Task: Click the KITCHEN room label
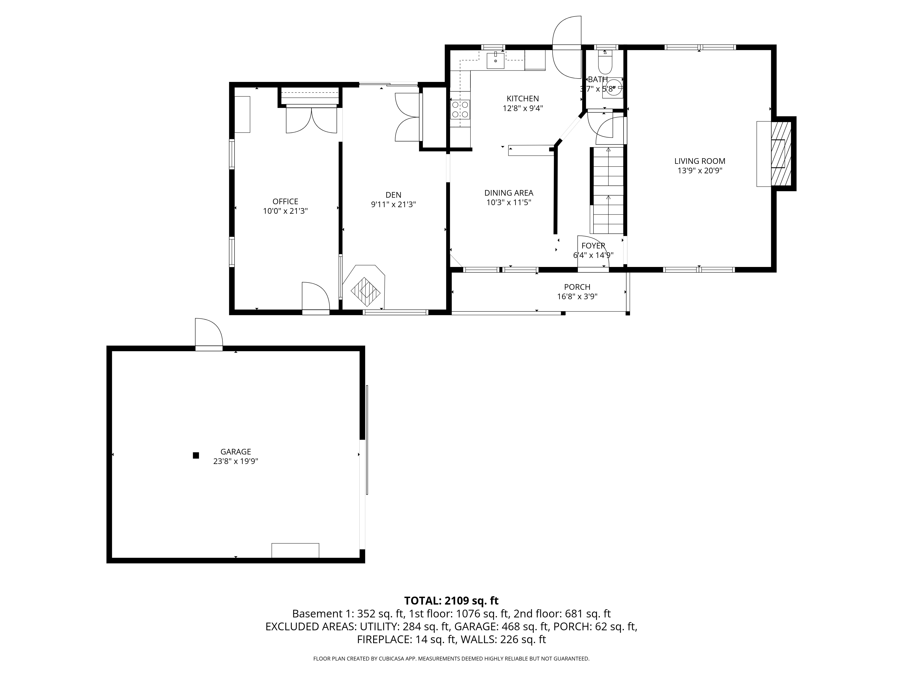[x=523, y=98]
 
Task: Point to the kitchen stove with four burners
[x=460, y=109]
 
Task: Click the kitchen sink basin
[x=495, y=61]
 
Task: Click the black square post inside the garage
[x=196, y=455]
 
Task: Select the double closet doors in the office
[x=312, y=120]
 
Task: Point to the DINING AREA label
[x=509, y=193]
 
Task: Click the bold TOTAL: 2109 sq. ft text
[x=451, y=601]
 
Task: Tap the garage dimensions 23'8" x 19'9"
[x=235, y=461]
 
